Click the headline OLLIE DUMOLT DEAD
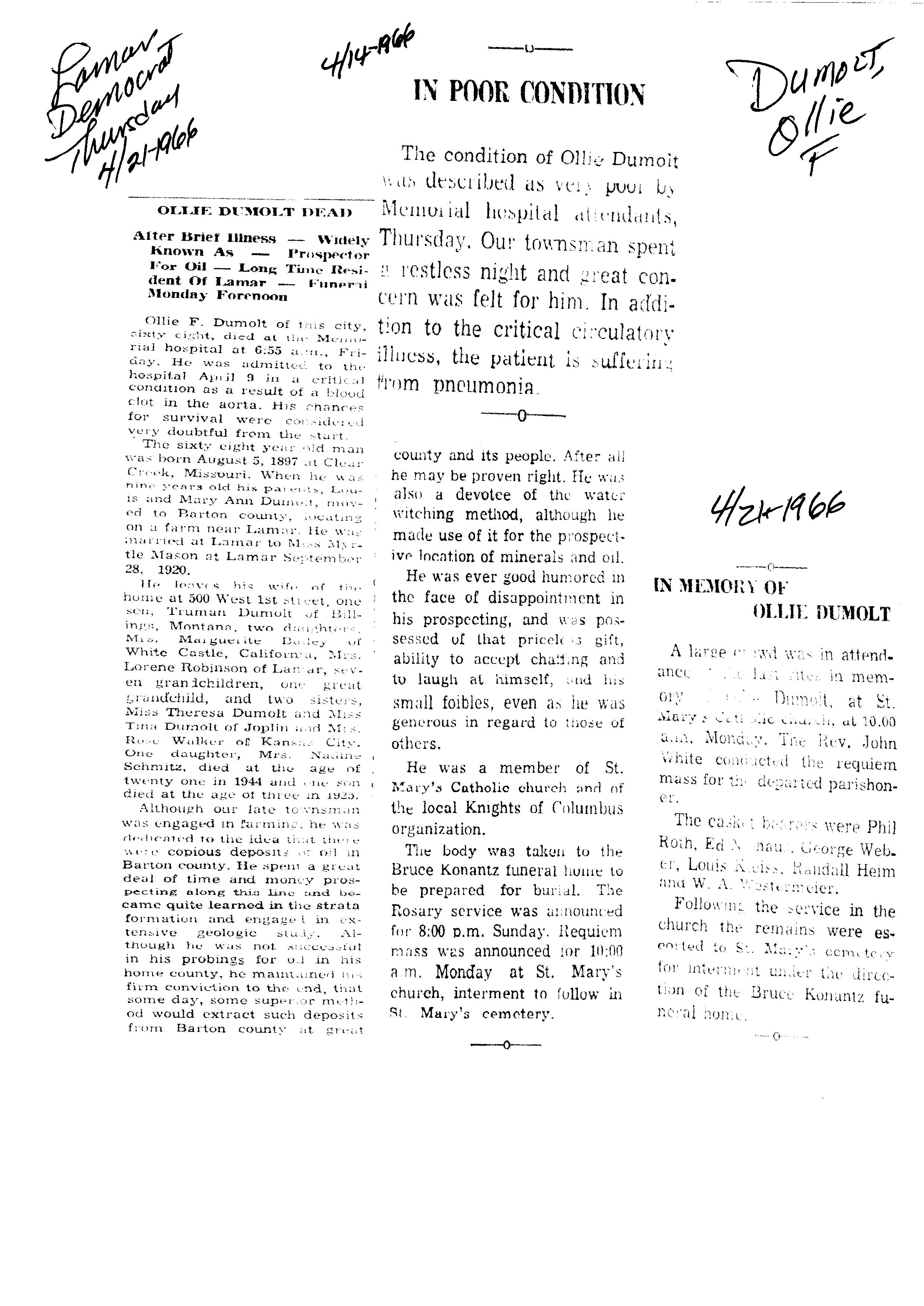(254, 212)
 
